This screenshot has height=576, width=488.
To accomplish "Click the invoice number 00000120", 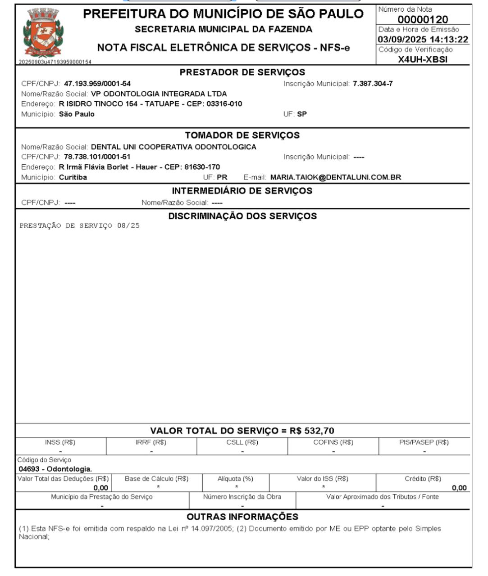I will [x=423, y=19].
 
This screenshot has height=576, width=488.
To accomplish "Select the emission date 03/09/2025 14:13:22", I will [x=423, y=40].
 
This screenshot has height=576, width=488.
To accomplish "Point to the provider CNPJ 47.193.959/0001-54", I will [x=97, y=84].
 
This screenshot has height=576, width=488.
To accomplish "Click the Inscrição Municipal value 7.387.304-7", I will [x=373, y=84].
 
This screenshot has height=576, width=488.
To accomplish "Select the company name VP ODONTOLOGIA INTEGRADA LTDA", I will [x=159, y=94].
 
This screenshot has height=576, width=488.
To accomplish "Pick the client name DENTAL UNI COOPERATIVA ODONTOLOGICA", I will [x=173, y=147].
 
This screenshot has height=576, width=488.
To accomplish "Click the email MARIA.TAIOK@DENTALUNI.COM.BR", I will [x=335, y=177].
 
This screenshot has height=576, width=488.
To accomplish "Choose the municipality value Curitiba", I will [x=73, y=177].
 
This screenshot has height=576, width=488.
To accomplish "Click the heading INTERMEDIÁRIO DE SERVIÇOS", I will [x=242, y=191].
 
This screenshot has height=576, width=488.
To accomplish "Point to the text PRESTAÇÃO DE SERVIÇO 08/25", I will [x=79, y=226].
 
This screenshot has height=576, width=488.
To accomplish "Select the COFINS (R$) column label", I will [x=333, y=442].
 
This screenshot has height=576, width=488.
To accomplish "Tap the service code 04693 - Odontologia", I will [x=55, y=469].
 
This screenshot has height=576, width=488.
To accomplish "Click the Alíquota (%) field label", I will [x=235, y=479].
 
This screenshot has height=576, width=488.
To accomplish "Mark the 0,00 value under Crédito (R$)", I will [x=459, y=488].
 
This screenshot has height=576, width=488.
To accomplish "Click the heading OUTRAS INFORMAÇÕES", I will [x=242, y=516].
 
